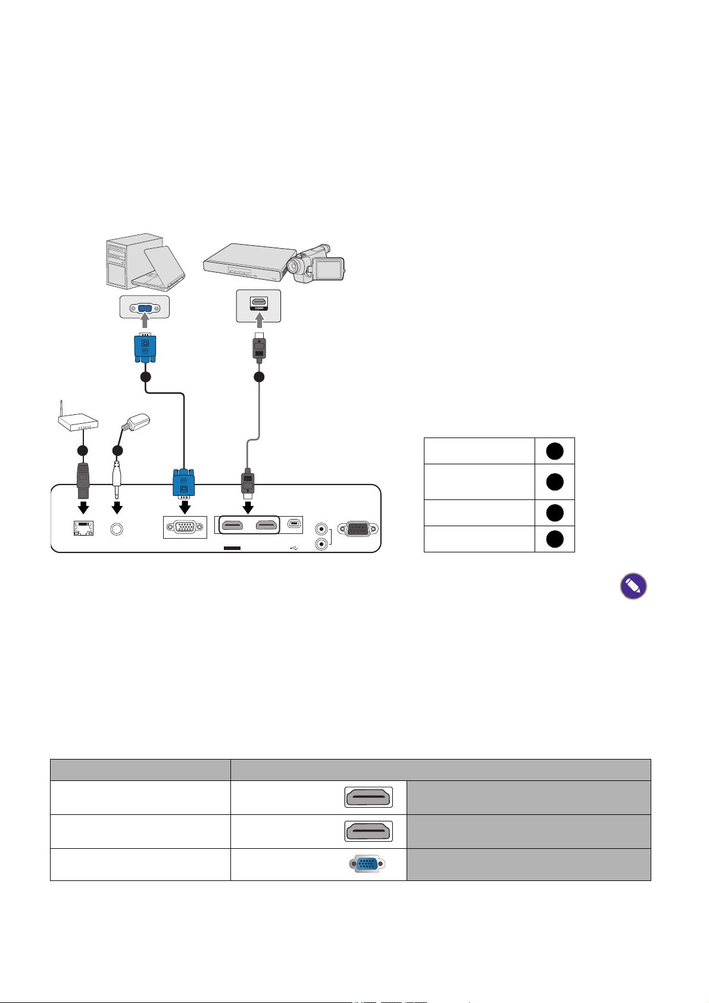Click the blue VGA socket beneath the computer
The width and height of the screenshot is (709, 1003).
144,308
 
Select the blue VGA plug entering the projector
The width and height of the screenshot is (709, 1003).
184,483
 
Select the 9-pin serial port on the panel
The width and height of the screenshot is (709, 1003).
357,529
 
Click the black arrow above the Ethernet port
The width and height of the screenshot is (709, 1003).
83,508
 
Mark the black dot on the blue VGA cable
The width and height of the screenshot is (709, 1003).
145,377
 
